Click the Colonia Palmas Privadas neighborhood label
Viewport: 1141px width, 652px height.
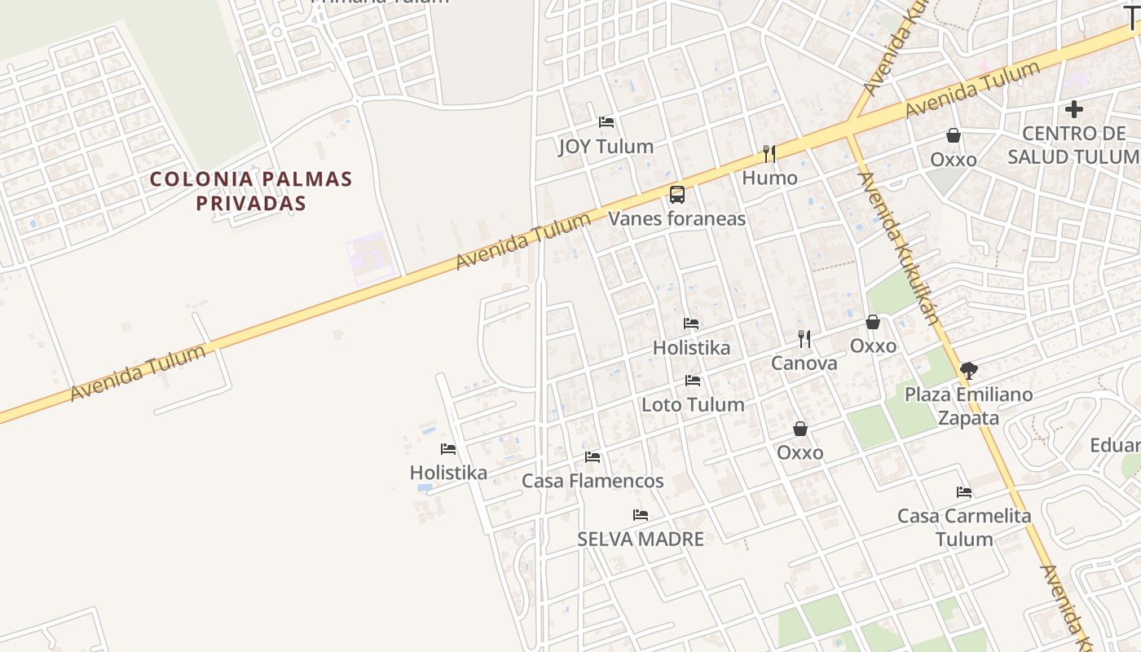coord(251,191)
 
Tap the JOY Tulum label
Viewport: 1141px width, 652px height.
coord(606,147)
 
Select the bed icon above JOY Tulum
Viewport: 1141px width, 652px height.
coord(606,122)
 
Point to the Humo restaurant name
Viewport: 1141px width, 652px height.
coord(769,178)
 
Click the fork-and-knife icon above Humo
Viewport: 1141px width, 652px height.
coord(769,153)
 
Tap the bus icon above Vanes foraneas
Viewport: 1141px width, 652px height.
coord(676,194)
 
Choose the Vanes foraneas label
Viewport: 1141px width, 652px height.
coord(676,219)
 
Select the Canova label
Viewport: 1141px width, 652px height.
coord(804,363)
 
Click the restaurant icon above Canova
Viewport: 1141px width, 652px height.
coord(804,338)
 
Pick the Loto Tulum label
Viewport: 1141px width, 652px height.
coord(693,404)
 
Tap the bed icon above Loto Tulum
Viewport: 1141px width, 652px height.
coord(693,381)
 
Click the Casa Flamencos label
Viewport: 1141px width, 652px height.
coord(593,481)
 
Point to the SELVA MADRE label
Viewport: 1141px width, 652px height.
coord(641,539)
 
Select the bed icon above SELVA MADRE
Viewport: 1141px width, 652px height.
coord(641,515)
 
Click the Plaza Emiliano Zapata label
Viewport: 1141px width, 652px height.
coord(968,406)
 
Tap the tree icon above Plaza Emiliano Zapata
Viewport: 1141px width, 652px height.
coord(968,371)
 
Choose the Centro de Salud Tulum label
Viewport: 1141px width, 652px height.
coord(1073,145)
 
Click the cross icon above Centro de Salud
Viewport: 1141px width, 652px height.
coord(1074,108)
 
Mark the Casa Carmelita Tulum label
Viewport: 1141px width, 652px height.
coord(964,527)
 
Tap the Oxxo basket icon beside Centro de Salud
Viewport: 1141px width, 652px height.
coord(953,135)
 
